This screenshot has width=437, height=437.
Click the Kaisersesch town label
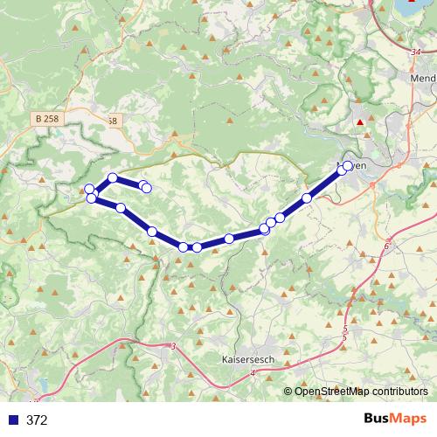tap(246, 359)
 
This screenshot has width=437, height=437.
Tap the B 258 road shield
tap(50, 118)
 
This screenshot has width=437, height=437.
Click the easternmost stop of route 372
tap(348, 166)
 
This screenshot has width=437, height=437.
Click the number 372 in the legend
tap(37, 420)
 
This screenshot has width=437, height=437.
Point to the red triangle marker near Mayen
tap(359, 123)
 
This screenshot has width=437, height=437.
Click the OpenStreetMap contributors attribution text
tap(360, 391)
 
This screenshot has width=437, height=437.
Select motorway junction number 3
tap(174, 347)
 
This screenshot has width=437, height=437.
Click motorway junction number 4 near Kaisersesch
tap(253, 373)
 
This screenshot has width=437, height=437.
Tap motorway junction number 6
tap(385, 246)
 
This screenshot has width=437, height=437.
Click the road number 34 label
tap(413, 54)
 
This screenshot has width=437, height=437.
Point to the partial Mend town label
tap(422, 77)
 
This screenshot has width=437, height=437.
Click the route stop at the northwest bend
tap(113, 178)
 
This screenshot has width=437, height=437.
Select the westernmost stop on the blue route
tap(89, 189)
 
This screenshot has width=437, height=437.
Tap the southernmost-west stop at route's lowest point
tap(184, 247)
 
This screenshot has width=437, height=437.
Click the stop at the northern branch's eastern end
tap(146, 187)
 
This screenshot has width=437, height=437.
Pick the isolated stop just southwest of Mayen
tap(307, 198)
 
